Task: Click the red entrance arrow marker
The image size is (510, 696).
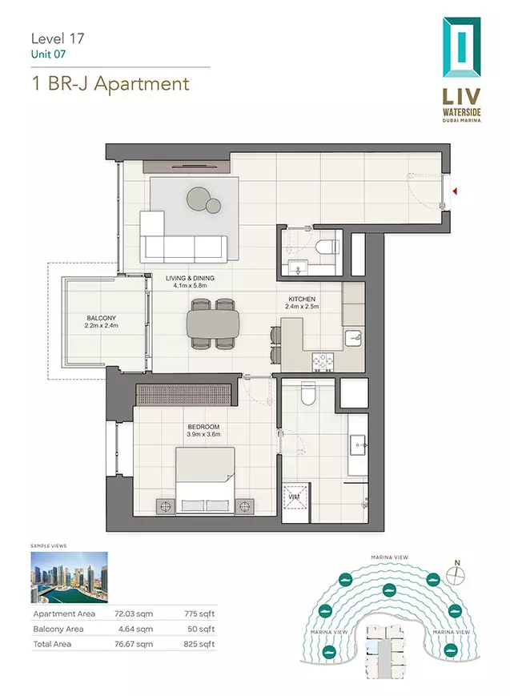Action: coord(455,191)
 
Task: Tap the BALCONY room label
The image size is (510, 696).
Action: coord(101,318)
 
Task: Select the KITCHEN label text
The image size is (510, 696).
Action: coord(302,300)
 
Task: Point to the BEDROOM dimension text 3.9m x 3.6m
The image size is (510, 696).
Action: coord(203,434)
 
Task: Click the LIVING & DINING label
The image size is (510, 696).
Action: coord(190,278)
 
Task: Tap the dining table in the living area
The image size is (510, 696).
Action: coord(213,324)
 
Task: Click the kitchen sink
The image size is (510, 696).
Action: coord(354,338)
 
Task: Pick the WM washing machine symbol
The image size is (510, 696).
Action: coord(295,497)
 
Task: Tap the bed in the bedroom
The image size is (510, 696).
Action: coord(205,481)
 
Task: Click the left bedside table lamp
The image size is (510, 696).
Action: coord(166,505)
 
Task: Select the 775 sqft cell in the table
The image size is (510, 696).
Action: coord(199,614)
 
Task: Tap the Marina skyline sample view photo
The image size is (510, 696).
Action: coord(69,577)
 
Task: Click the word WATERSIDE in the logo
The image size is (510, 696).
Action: coord(462,111)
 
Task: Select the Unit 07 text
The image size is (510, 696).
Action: coord(48,54)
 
